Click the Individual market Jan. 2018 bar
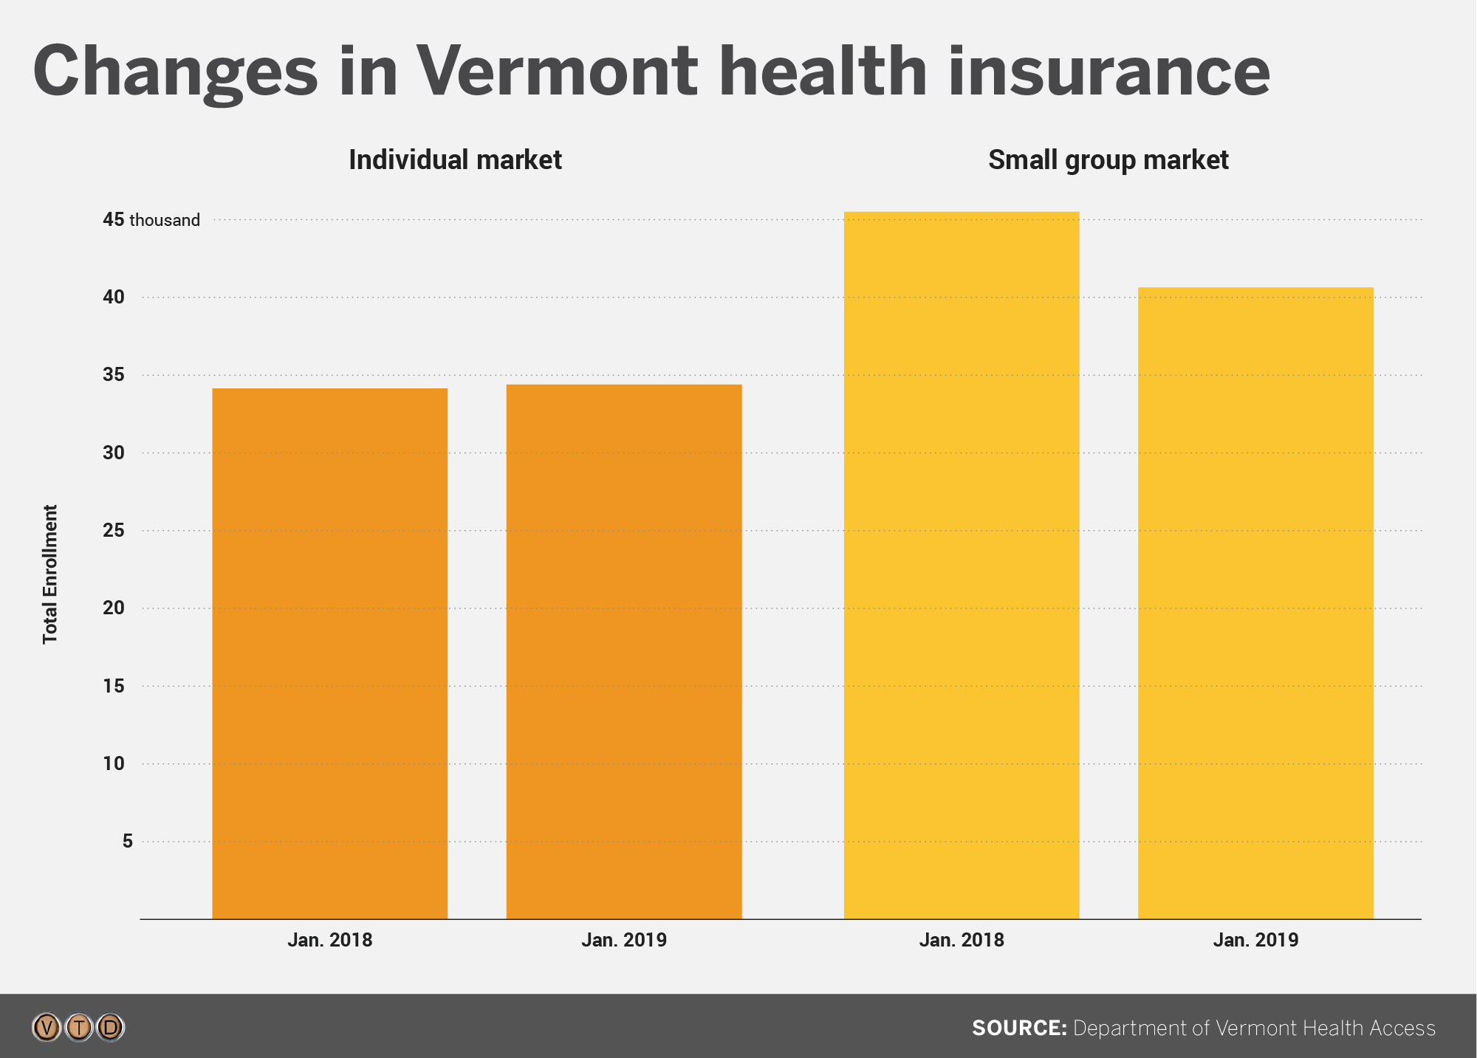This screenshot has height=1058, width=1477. tap(329, 653)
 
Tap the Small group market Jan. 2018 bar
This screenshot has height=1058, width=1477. tap(962, 565)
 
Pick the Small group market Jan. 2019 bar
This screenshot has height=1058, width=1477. tap(1255, 602)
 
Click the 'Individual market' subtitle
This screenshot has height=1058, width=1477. tap(455, 160)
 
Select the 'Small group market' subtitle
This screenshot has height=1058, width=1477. tap(1108, 160)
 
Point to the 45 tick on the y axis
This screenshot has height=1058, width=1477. tap(113, 219)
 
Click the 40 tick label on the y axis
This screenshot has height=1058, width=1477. tap(113, 297)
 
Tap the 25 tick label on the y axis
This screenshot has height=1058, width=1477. tap(113, 530)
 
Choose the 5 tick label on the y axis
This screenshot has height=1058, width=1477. tap(127, 841)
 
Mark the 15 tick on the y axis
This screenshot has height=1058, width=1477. tap(113, 686)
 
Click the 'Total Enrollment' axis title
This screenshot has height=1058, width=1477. tap(49, 574)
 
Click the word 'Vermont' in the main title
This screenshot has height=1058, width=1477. tap(557, 72)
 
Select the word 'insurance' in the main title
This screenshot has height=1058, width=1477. tap(1108, 72)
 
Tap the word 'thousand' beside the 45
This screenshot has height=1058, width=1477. tap(165, 220)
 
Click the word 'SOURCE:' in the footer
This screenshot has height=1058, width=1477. tap(1019, 1028)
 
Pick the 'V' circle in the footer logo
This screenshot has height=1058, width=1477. tap(47, 1027)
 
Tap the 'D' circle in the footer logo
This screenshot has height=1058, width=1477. tap(111, 1027)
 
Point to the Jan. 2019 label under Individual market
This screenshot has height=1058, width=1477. tap(624, 940)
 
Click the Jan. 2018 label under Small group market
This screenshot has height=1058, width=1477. tap(962, 940)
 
